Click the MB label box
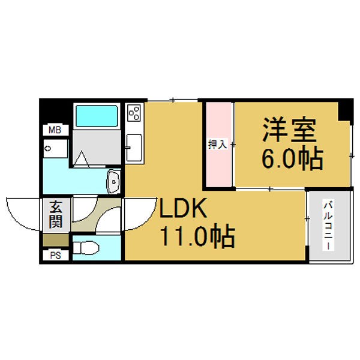(x=56, y=130)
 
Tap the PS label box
(x=56, y=256)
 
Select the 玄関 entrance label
(x=56, y=214)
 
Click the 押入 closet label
(x=217, y=145)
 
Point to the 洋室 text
(x=290, y=130)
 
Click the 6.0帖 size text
(x=293, y=157)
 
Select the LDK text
(x=183, y=208)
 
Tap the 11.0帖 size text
(x=197, y=236)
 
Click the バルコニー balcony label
(x=328, y=225)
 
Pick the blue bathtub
(x=97, y=116)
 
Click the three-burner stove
(x=134, y=113)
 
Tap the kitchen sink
(x=134, y=148)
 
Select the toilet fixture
(x=86, y=247)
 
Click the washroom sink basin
(x=113, y=182)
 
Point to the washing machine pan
(x=55, y=148)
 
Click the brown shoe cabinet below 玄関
(x=56, y=240)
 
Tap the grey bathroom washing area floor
(x=97, y=147)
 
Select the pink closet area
(x=218, y=144)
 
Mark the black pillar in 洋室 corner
(x=346, y=110)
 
